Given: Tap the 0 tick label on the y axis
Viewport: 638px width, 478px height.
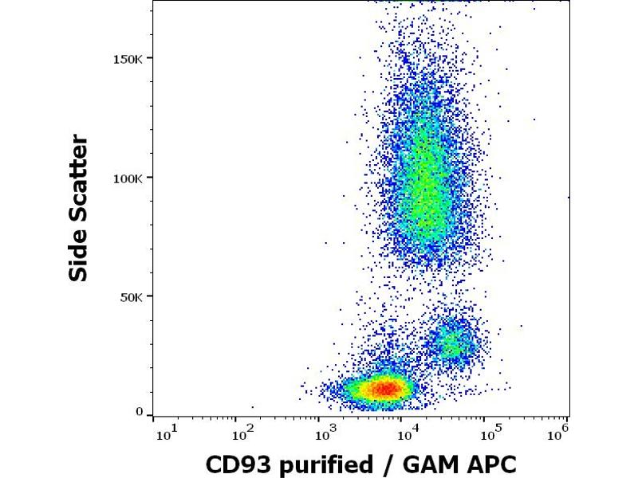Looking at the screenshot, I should (140, 413).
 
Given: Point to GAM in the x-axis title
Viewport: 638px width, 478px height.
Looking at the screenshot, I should (418, 464).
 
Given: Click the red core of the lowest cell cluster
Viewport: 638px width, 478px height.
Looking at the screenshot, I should (385, 389).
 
